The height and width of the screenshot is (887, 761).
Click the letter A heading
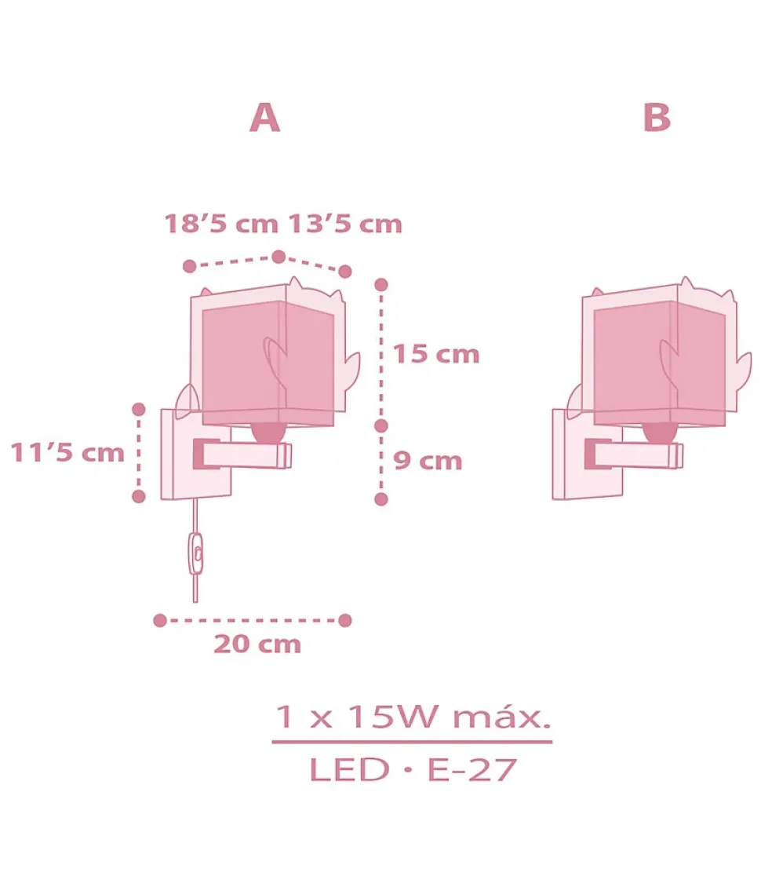pos(264,119)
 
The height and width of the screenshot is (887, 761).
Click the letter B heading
pos(657,119)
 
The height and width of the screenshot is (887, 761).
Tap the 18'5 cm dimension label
pos(221,224)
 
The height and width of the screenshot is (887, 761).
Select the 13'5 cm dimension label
pos(345,224)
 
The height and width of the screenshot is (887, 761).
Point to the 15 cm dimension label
pos(436,355)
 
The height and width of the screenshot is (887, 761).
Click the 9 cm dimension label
pos(428,461)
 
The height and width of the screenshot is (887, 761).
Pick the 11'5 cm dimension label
pos(67,453)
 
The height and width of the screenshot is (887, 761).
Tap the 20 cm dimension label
pos(257,644)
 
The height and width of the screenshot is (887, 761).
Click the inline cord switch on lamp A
pos(196,553)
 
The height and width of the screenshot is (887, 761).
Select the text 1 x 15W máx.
pos(412,717)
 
